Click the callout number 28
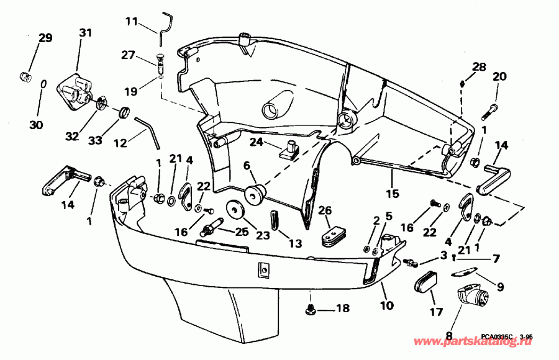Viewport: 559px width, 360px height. pyautogui.click(x=478, y=67)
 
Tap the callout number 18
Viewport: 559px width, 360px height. pyautogui.click(x=343, y=308)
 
